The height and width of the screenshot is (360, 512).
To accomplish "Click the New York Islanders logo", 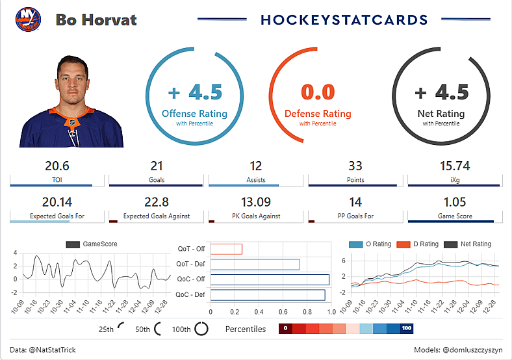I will tap(28, 19).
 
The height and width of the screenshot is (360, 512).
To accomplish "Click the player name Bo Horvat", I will tap(96, 19).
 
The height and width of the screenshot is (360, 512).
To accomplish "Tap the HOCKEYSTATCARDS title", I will tap(344, 20).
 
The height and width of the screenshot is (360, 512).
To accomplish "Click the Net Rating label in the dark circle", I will tap(441, 114).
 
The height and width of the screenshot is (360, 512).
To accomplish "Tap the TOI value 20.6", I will tap(57, 166).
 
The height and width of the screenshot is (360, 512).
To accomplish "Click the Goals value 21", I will tap(157, 166).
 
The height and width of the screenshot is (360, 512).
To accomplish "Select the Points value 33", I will tap(355, 166).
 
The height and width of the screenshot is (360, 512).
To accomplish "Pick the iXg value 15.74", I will tap(454, 166).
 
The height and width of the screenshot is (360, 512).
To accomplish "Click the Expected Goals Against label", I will tap(156, 216).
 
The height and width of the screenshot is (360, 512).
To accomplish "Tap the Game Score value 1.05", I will tap(454, 202).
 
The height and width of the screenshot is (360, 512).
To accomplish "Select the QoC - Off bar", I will tap(270, 279).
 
